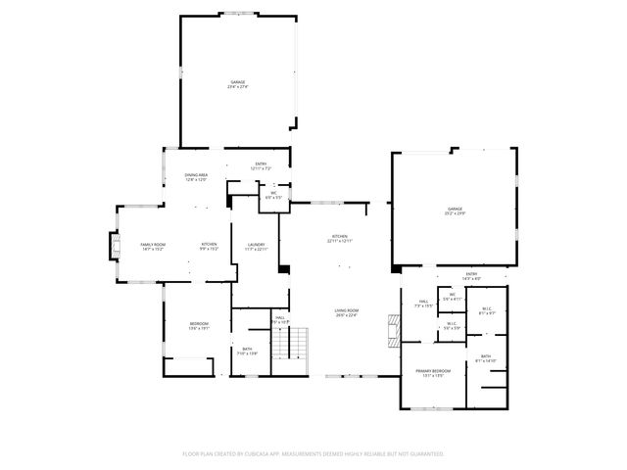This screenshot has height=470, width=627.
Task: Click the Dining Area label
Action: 196,177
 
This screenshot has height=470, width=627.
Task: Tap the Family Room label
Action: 152,246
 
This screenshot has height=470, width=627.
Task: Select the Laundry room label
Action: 257,246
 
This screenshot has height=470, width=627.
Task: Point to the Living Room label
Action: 346,312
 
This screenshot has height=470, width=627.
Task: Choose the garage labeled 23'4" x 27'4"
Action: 238,84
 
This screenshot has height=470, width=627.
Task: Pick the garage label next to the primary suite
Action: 455,211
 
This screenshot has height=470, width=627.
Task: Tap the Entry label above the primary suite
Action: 471,275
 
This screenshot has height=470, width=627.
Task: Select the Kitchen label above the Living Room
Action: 339,239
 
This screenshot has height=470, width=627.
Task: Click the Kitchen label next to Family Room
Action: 209,246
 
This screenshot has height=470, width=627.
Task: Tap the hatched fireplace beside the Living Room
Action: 394,330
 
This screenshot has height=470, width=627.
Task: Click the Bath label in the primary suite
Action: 486,359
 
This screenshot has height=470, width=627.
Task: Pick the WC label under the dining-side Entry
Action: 274,195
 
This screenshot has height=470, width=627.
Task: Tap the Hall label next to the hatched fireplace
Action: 423,304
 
